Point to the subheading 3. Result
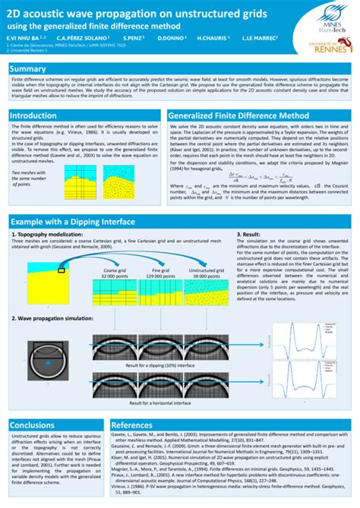251,235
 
